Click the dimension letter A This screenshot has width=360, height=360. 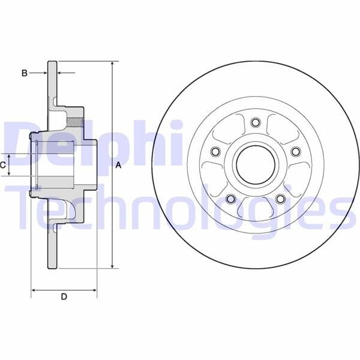click(x=118, y=165)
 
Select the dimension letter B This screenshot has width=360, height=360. click(x=25, y=73)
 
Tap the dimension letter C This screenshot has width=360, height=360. click(x=3, y=164)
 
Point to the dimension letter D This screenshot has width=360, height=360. click(x=64, y=296)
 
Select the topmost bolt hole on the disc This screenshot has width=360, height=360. click(x=255, y=123)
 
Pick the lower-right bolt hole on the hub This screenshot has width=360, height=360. click(x=280, y=199)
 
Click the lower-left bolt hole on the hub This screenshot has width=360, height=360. click(x=230, y=199)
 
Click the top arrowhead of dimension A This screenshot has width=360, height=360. click(x=112, y=63)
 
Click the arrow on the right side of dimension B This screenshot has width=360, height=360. click(x=61, y=73)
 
